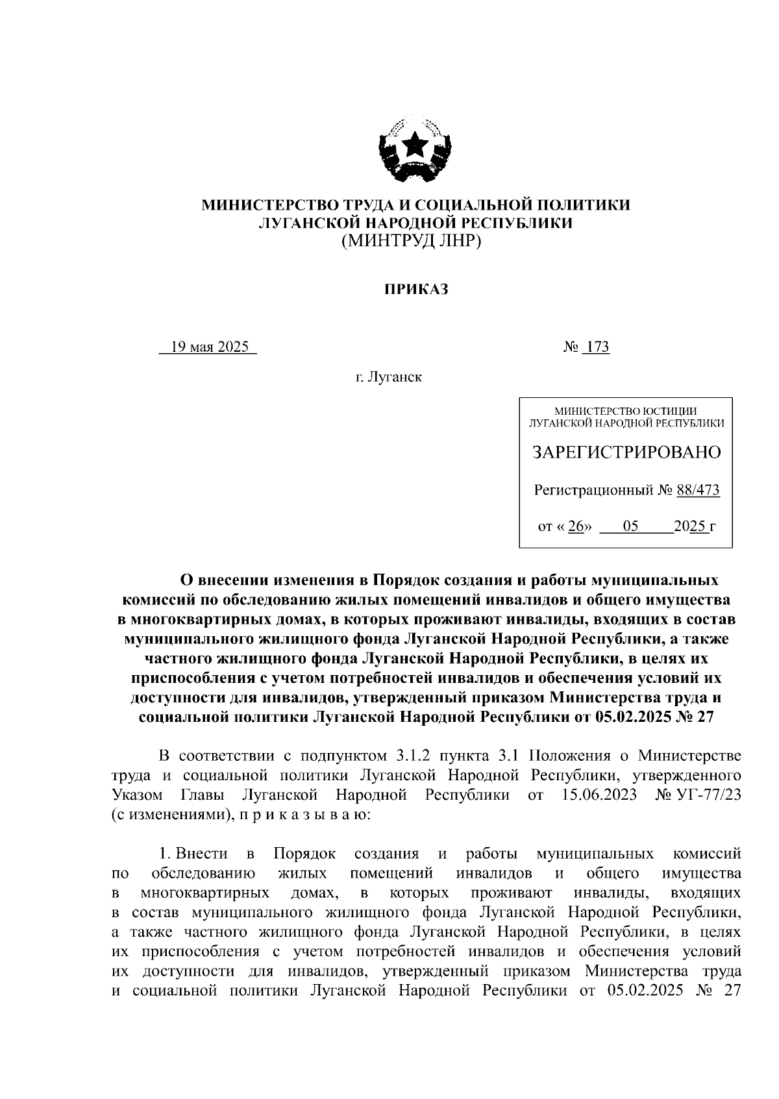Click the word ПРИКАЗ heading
coord(415,290)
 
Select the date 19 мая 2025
coord(209,347)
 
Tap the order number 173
coord(596,347)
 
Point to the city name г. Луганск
coord(388,377)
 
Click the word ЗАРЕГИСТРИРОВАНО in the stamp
coord(626,452)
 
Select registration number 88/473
coord(698,491)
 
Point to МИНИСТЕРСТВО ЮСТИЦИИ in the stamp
coord(626,411)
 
